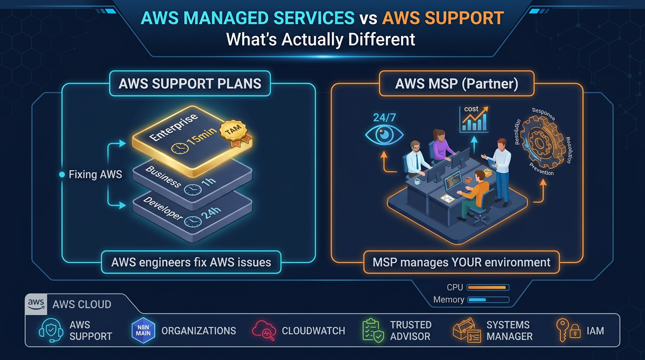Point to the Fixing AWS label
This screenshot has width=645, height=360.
[95, 174]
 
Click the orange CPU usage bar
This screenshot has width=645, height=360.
[487, 287]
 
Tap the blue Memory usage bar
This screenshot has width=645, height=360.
[478, 300]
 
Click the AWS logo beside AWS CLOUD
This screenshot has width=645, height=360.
[36, 304]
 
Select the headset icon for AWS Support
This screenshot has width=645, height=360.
[50, 330]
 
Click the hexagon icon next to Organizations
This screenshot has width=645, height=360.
[143, 330]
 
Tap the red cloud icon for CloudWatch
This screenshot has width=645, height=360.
[263, 330]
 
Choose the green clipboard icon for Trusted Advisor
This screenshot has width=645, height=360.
[372, 330]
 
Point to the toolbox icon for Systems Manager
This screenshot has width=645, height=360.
[467, 330]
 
